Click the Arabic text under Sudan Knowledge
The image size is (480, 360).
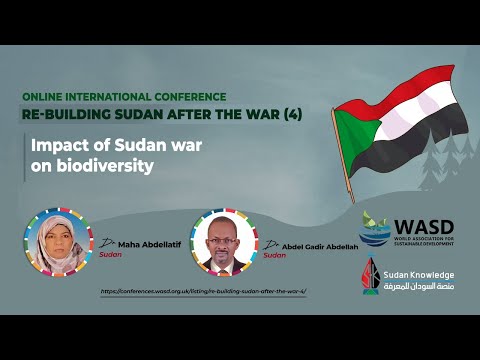[x=421, y=286]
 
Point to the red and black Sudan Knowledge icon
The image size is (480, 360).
[x=373, y=278]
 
